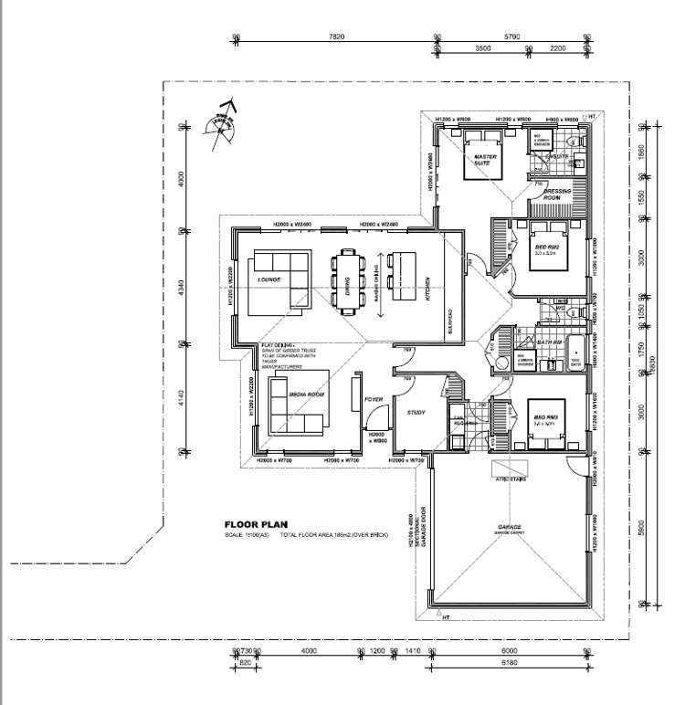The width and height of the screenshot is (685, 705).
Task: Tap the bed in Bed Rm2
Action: [x=547, y=246]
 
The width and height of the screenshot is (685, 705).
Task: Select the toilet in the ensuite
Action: [x=578, y=141]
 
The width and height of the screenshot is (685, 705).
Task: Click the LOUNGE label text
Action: [x=269, y=279]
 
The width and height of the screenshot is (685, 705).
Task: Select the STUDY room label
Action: [x=416, y=413]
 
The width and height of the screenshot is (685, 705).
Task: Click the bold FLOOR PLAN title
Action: [x=255, y=524]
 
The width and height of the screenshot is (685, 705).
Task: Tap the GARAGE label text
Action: [x=510, y=528]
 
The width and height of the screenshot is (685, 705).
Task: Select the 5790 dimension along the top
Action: [x=511, y=37]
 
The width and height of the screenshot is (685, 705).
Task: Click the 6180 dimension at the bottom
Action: [x=510, y=661]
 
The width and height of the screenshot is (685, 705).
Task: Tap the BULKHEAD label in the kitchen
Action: [x=449, y=320]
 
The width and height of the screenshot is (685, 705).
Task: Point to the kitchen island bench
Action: [x=403, y=277]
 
